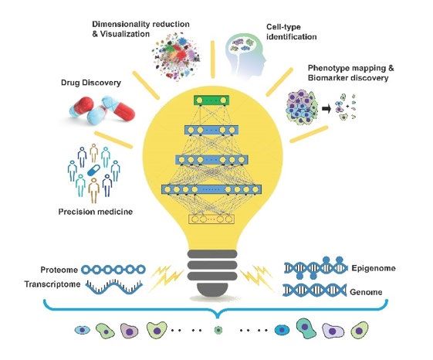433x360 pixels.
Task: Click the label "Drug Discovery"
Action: click(x=91, y=83)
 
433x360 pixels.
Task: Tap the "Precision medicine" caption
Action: click(x=96, y=212)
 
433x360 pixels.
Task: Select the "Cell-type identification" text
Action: click(x=291, y=32)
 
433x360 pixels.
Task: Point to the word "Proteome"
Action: click(x=59, y=270)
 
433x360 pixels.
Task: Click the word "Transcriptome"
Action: click(x=52, y=284)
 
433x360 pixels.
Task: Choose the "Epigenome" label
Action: click(x=374, y=268)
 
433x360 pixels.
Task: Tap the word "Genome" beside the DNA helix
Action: click(x=366, y=292)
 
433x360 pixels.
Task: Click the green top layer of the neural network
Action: click(x=211, y=100)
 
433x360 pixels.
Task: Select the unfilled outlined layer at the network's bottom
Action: click(x=211, y=219)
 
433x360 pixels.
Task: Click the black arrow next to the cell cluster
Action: click(x=326, y=109)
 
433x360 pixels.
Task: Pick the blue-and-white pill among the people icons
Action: click(x=94, y=170)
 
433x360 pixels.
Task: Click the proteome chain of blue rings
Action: click(x=113, y=270)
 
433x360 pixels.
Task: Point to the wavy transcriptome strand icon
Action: click(x=113, y=287)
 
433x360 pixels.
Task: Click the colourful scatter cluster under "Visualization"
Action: click(x=176, y=56)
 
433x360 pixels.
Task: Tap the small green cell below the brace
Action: click(x=218, y=330)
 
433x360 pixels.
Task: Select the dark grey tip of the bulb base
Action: click(x=212, y=290)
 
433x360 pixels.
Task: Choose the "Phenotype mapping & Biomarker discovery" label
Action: click(x=350, y=73)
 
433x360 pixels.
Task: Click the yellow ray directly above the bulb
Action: click(x=212, y=59)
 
